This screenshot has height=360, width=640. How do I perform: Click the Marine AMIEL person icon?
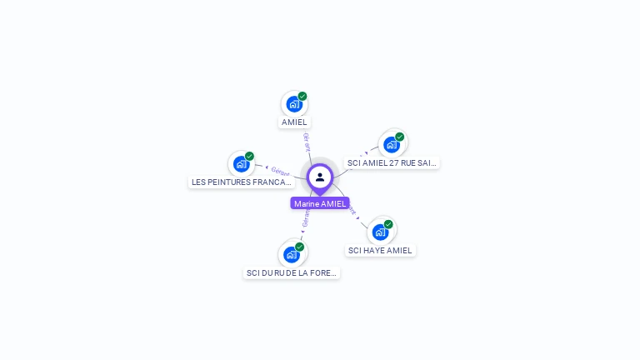point(320,177)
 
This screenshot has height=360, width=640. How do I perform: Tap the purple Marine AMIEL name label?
point(320,203)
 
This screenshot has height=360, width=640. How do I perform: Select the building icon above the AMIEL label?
point(293,104)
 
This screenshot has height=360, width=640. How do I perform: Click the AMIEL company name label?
point(294,122)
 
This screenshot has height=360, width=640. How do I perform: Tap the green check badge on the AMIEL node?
point(302,96)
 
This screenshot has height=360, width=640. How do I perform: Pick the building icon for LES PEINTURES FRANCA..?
point(241,164)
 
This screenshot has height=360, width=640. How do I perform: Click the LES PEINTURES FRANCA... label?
point(242,182)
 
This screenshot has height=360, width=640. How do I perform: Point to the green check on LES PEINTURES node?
point(249,156)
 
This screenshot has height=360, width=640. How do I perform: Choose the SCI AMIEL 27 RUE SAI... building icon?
point(391,145)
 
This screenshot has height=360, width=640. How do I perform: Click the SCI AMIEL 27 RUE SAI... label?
point(392,163)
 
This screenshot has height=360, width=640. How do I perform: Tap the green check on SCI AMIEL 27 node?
point(400,137)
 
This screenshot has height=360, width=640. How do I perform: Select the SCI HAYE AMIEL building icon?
point(380,232)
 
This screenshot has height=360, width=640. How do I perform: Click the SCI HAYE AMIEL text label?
point(380,250)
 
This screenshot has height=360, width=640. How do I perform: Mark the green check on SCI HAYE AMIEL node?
point(388,223)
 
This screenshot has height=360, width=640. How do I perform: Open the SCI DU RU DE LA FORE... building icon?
point(291,254)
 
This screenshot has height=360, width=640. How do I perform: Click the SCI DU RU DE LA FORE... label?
point(292,272)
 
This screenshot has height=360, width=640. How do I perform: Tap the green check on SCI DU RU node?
point(300,246)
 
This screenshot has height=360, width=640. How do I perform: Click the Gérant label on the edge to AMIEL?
point(307,141)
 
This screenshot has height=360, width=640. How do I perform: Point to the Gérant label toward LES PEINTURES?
point(280,171)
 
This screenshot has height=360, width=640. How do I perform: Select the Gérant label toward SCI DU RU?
point(306,219)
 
